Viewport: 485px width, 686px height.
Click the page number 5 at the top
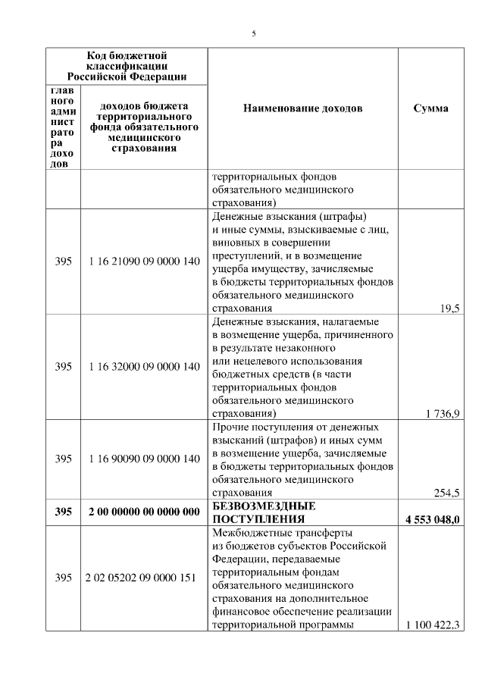[254, 33]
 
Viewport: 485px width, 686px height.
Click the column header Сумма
[430, 108]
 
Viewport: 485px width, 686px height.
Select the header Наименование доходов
[302, 108]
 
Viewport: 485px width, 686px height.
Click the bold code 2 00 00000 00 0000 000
[144, 512]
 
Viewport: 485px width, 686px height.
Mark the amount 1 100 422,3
[434, 625]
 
